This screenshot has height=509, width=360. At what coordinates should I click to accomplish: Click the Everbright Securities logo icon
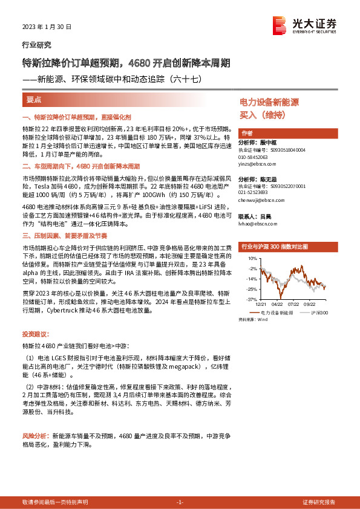pyautogui.click(x=280, y=25)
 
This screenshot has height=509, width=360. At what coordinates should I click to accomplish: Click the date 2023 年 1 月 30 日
pyautogui.click(x=47, y=27)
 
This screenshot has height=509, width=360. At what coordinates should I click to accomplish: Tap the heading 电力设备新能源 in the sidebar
pyautogui.click(x=269, y=103)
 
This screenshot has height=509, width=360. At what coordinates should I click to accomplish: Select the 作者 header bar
pyautogui.click(x=246, y=134)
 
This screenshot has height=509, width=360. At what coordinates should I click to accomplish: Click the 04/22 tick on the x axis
pyautogui.click(x=278, y=305)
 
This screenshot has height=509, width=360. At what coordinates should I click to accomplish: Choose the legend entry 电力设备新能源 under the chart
pyautogui.click(x=275, y=313)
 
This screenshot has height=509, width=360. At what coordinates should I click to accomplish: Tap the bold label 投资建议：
pyautogui.click(x=35, y=334)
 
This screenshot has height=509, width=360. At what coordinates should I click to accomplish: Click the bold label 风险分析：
pyautogui.click(x=36, y=435)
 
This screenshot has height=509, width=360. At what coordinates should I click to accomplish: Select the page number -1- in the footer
pyautogui.click(x=180, y=502)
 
